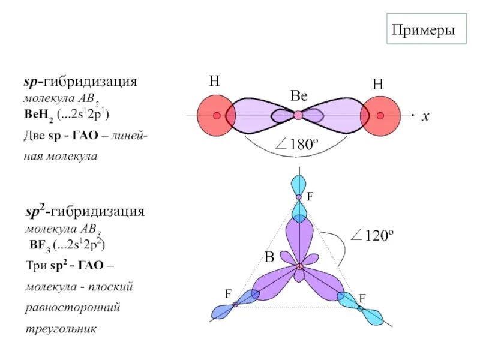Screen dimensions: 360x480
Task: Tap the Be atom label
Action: point(299,96)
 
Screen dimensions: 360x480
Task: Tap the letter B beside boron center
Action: point(269,258)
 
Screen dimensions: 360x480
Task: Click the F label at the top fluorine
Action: point(310,197)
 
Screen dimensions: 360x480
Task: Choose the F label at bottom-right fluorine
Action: point(362,298)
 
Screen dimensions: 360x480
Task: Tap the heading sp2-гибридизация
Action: point(84,211)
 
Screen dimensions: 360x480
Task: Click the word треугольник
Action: point(61,329)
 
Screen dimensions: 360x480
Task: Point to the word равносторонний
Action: point(73,308)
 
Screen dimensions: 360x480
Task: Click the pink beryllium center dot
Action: point(298,115)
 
